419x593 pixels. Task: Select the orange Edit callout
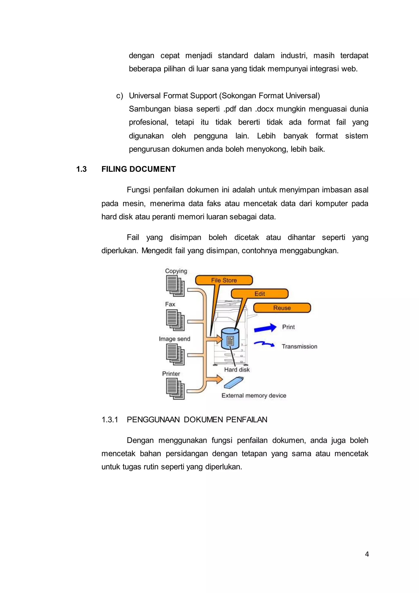click(260, 294)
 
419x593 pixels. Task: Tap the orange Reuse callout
click(282, 308)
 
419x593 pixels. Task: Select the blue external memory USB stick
click(233, 383)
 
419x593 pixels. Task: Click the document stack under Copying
click(175, 286)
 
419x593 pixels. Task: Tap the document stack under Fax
click(175, 320)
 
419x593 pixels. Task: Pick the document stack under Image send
click(175, 354)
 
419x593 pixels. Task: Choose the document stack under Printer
click(175, 389)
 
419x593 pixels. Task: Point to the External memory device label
click(254, 396)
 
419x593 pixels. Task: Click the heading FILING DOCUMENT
click(139, 169)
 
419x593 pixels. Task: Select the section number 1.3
click(81, 169)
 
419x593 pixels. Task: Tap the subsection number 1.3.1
click(110, 420)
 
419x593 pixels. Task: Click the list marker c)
click(119, 96)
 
